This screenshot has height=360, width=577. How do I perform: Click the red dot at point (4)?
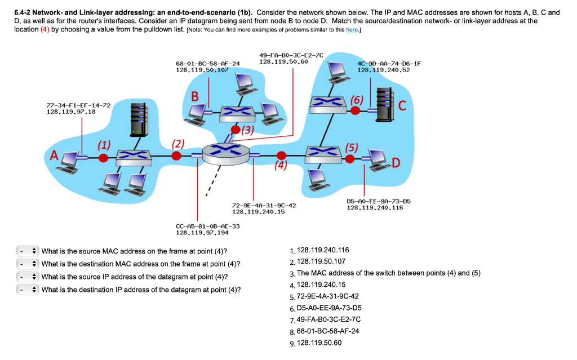282,155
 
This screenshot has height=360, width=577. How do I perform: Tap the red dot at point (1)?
103,158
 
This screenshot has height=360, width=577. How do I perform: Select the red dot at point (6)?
356,110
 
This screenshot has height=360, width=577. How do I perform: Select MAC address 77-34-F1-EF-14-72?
70,105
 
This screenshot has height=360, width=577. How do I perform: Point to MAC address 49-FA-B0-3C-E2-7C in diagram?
291,55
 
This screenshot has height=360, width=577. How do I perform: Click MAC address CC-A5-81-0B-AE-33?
208,226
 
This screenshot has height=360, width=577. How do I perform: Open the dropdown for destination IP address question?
27,290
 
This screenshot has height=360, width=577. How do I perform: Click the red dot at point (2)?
177,155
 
